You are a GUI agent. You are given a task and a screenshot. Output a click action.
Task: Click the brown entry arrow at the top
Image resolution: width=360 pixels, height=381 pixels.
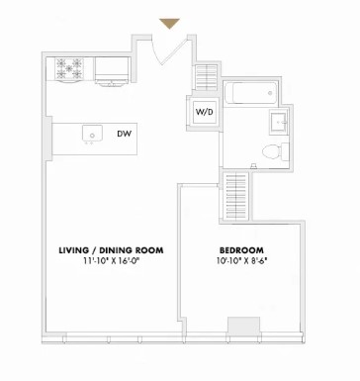(169, 23)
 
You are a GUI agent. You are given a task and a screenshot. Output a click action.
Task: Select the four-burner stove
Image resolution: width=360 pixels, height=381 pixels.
(69, 70)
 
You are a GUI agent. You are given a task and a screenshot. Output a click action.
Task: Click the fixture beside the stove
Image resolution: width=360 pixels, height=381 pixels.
(111, 70)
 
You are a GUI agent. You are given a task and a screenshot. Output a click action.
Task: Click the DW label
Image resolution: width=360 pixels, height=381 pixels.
(124, 134)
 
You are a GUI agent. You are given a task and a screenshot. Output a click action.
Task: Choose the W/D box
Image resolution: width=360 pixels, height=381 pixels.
(204, 113)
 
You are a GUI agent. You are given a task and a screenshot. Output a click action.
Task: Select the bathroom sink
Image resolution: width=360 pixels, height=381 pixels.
(278, 122)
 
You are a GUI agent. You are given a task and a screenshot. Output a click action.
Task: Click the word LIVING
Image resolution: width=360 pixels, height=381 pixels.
(75, 250)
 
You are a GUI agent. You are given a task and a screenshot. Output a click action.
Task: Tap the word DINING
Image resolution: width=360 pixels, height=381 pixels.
(117, 250)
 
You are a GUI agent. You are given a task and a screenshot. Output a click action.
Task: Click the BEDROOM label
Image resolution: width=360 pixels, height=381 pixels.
(240, 250)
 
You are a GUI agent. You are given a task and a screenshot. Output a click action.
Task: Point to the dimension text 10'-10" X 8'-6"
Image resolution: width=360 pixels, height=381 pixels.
(240, 262)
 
